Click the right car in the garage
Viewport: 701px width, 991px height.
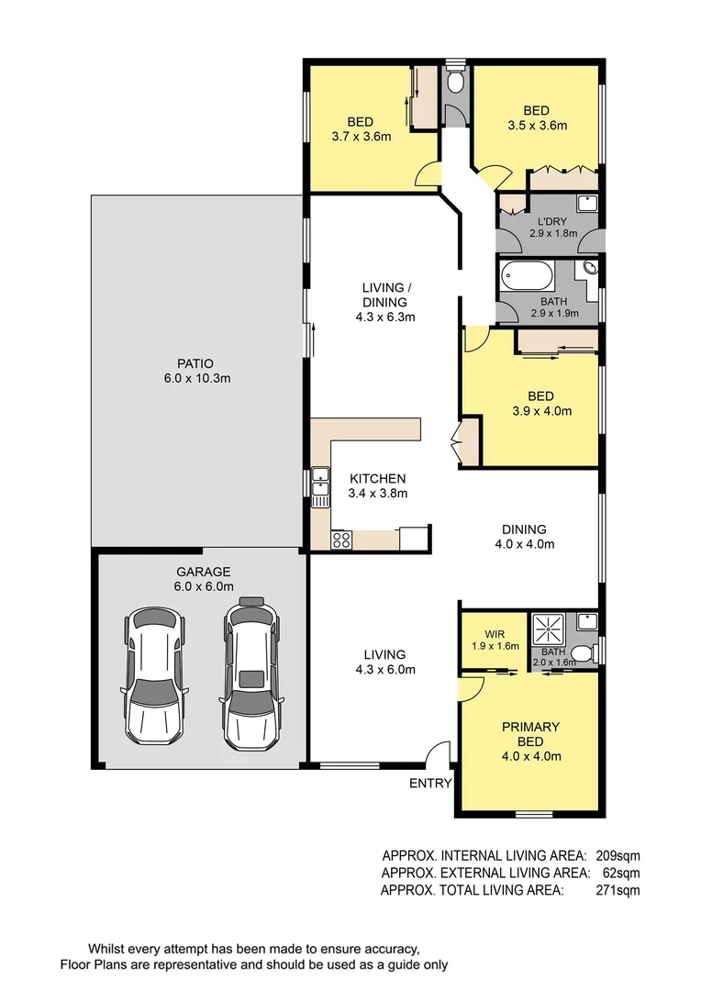point(250,672)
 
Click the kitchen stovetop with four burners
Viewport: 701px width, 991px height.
point(341,540)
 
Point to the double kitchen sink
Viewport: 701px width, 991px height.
point(320,487)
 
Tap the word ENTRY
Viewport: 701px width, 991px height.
point(430,783)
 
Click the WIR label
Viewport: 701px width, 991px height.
point(495,633)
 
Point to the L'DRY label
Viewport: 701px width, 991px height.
point(552,220)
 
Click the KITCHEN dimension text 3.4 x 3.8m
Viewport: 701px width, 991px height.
point(377,493)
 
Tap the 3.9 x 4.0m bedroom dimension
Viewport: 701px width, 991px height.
point(540,411)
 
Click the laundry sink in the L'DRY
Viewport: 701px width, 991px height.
point(586,204)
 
